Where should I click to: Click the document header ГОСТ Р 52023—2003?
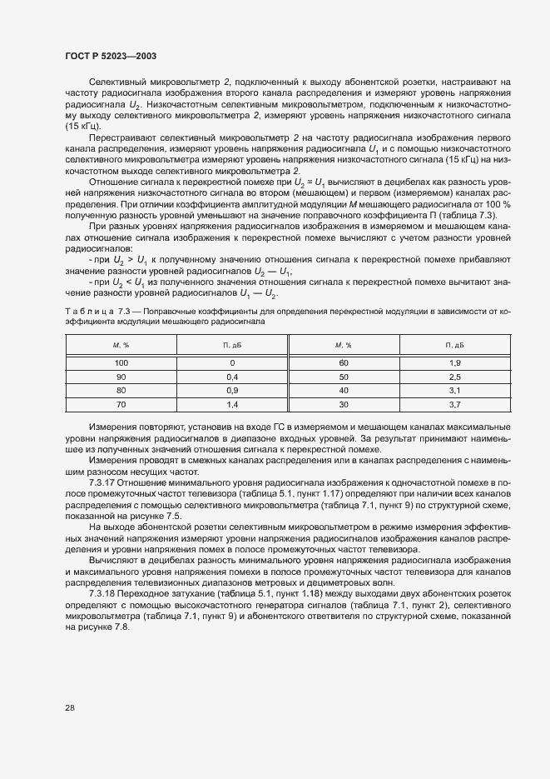[x=110, y=55]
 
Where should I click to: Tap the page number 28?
[x=70, y=707]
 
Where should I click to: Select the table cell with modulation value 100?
[x=121, y=362]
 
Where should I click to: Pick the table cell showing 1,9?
[x=454, y=362]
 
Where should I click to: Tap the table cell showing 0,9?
[x=232, y=390]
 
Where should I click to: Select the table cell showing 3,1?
[x=454, y=390]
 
